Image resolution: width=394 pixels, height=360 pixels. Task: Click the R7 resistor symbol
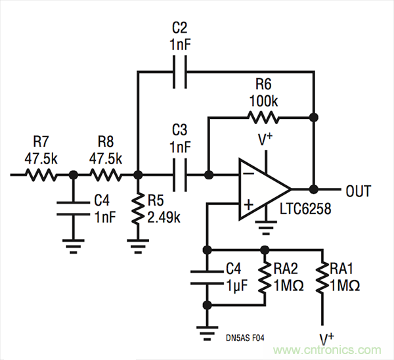[x=42, y=175]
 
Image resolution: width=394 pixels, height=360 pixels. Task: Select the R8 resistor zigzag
[x=105, y=175]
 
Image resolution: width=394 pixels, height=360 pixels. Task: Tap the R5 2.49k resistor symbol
[x=138, y=210]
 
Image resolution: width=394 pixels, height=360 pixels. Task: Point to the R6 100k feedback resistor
[x=263, y=118]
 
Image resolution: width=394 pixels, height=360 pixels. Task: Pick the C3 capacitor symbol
[x=179, y=175]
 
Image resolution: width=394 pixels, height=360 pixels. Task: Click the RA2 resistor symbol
[x=265, y=277]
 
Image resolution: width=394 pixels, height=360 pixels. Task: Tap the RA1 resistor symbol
[x=322, y=277]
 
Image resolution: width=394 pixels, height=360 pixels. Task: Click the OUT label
[x=358, y=191]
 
